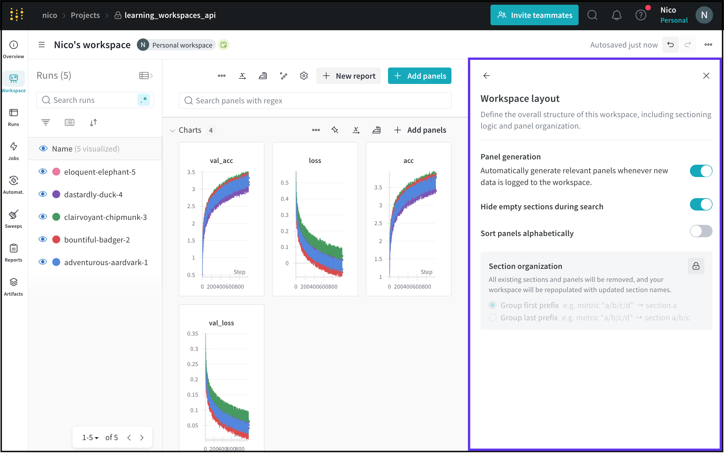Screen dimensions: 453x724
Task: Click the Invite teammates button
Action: (534, 15)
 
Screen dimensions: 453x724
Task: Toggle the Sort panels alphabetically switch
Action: (701, 231)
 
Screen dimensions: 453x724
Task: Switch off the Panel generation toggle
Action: (701, 171)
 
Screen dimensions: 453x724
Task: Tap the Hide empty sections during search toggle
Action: (701, 205)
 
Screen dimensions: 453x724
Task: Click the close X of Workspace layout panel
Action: (706, 76)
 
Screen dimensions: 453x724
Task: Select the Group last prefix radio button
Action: (493, 318)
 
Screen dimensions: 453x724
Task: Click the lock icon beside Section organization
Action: (696, 266)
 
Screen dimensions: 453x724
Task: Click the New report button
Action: (349, 76)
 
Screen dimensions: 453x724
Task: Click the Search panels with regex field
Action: (315, 101)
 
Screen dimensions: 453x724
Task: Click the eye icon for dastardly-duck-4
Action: (43, 194)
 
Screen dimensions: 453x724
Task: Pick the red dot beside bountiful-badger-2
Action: (56, 240)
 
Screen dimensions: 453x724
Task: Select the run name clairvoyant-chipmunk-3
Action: (105, 217)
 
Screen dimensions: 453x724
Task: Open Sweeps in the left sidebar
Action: (14, 219)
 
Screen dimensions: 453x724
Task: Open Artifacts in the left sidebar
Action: (14, 287)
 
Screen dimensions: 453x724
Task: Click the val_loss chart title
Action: (221, 323)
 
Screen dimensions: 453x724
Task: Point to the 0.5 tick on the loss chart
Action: (284, 183)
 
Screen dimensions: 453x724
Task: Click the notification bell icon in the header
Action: (617, 15)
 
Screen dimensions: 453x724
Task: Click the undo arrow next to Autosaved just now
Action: (670, 45)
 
